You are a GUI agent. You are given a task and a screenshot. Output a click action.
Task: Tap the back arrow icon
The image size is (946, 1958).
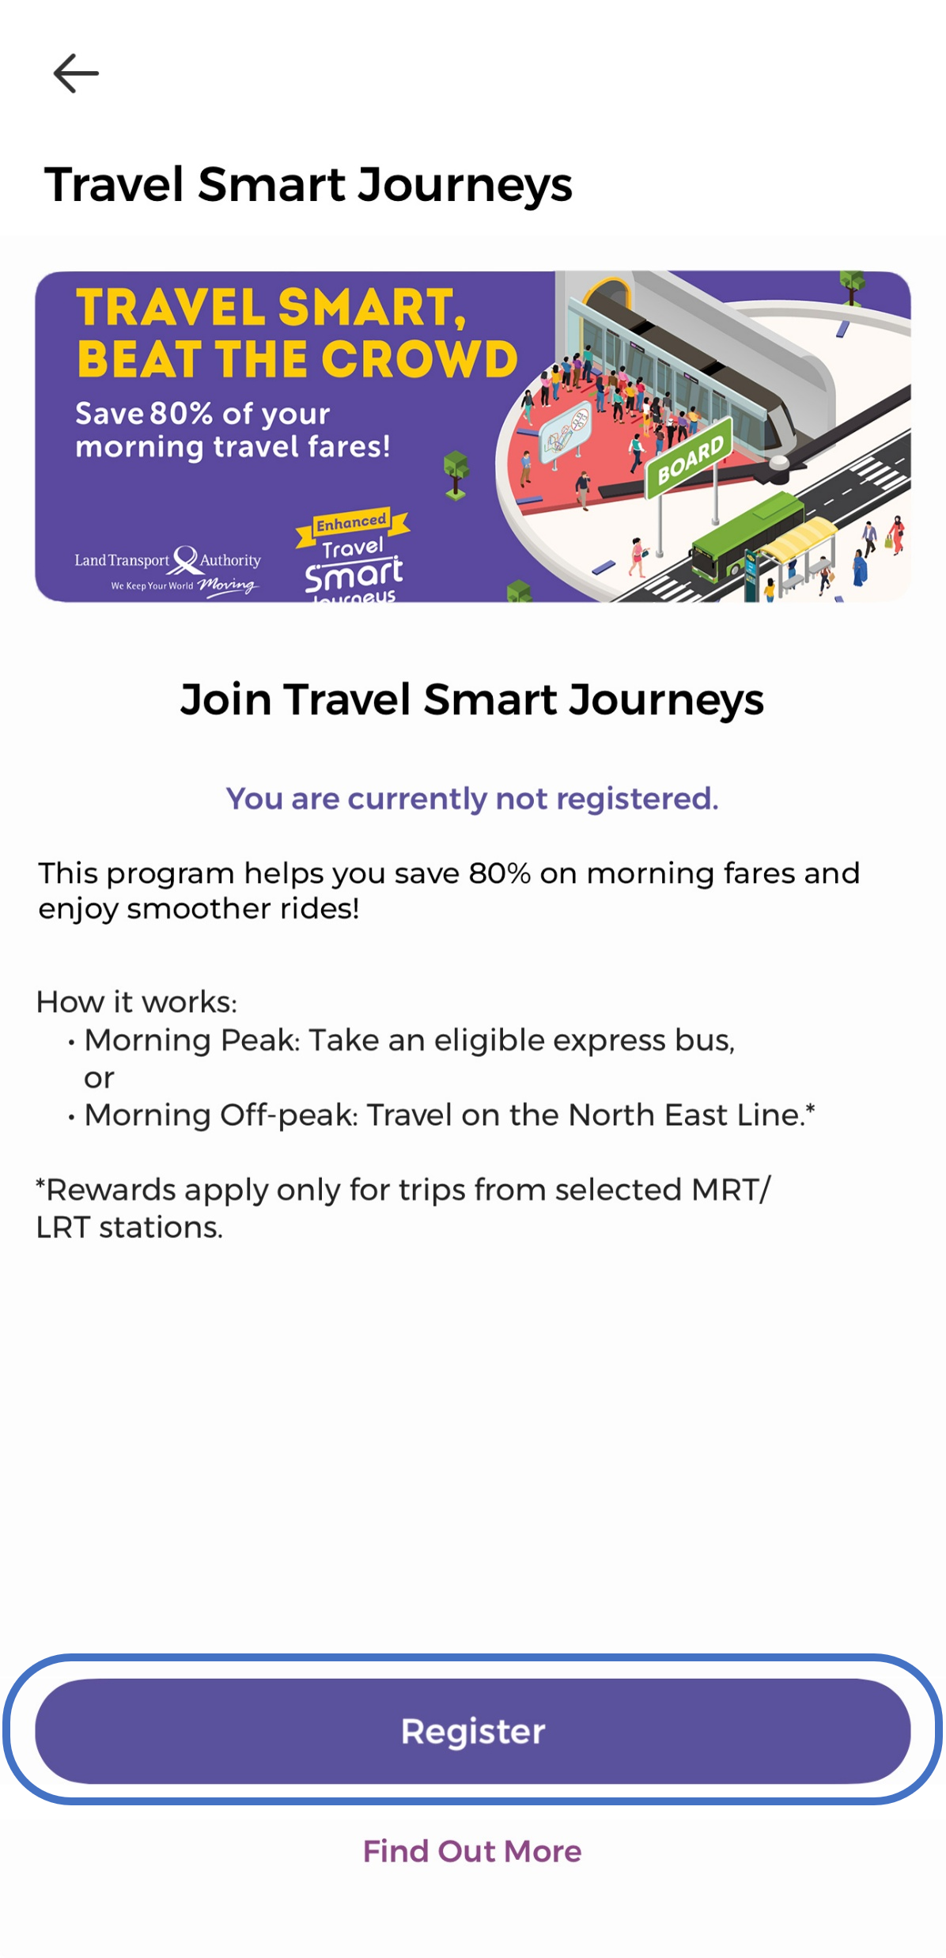pyautogui.click(x=76, y=74)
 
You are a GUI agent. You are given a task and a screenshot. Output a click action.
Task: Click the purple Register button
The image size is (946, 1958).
pyautogui.click(x=473, y=1731)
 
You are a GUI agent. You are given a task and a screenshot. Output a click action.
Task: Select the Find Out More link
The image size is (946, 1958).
pyautogui.click(x=472, y=1851)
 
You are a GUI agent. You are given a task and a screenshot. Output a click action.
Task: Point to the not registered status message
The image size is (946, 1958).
pyautogui.click(x=472, y=799)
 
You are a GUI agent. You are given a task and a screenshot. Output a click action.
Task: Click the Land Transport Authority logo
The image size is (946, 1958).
pyautogui.click(x=168, y=569)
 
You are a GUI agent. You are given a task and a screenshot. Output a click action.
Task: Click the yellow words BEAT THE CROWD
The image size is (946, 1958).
pyautogui.click(x=297, y=359)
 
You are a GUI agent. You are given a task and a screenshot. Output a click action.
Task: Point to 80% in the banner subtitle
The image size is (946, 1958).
pyautogui.click(x=181, y=414)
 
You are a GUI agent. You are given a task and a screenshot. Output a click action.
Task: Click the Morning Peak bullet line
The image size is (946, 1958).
pyautogui.click(x=410, y=1040)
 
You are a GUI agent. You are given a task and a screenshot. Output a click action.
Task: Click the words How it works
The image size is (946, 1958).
pyautogui.click(x=136, y=1002)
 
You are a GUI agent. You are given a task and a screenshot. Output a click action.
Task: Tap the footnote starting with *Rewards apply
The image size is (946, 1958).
pyautogui.click(x=403, y=1209)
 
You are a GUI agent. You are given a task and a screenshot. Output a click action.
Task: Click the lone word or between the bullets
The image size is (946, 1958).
pyautogui.click(x=99, y=1078)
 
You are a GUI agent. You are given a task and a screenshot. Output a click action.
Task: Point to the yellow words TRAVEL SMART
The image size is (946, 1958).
pyautogui.click(x=271, y=307)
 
